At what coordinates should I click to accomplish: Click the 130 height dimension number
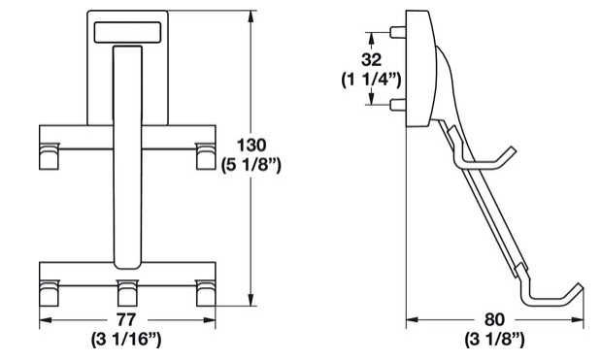pyautogui.click(x=251, y=146)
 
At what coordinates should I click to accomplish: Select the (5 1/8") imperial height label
pyautogui.click(x=251, y=166)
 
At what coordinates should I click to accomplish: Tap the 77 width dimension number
pyautogui.click(x=126, y=319)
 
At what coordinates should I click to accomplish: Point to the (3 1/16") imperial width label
pyautogui.click(x=126, y=340)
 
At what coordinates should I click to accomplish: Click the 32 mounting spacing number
pyautogui.click(x=372, y=60)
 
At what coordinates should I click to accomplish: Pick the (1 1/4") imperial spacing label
pyautogui.click(x=372, y=80)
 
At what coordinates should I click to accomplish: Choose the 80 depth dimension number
pyautogui.click(x=494, y=319)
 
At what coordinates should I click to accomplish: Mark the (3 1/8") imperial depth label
pyautogui.click(x=494, y=340)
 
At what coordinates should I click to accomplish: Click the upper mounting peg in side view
pyautogui.click(x=398, y=32)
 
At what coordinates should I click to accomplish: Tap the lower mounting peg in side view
pyautogui.click(x=398, y=104)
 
